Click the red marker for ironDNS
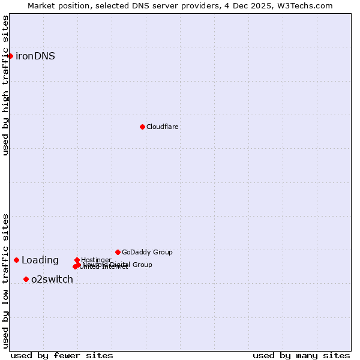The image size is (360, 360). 10,56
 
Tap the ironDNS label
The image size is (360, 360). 35,56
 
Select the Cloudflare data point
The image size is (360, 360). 142,127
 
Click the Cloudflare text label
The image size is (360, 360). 163,127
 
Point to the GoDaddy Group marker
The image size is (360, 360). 118,252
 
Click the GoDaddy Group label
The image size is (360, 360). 147,253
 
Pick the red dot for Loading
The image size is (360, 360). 16,260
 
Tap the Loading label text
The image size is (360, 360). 40,260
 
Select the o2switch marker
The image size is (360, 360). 26,279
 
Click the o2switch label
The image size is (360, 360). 52,280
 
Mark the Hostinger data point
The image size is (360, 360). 77,260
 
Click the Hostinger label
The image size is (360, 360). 97,260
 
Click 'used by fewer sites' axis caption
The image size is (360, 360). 62,355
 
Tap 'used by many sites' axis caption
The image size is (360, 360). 301,355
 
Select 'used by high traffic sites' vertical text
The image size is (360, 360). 6,85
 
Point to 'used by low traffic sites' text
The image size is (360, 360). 6,281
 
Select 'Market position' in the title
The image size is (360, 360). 59,6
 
